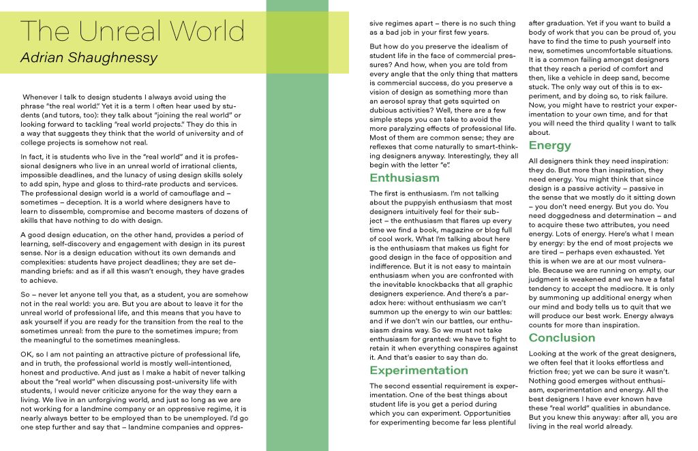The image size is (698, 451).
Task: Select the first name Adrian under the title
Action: click(x=42, y=59)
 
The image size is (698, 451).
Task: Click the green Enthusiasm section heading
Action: click(x=404, y=178)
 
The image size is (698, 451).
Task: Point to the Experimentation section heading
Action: click(x=419, y=370)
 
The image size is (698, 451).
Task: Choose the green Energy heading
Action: click(x=549, y=145)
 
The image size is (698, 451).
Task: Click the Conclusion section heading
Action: click(x=562, y=337)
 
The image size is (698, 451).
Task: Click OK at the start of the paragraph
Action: click(x=27, y=355)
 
